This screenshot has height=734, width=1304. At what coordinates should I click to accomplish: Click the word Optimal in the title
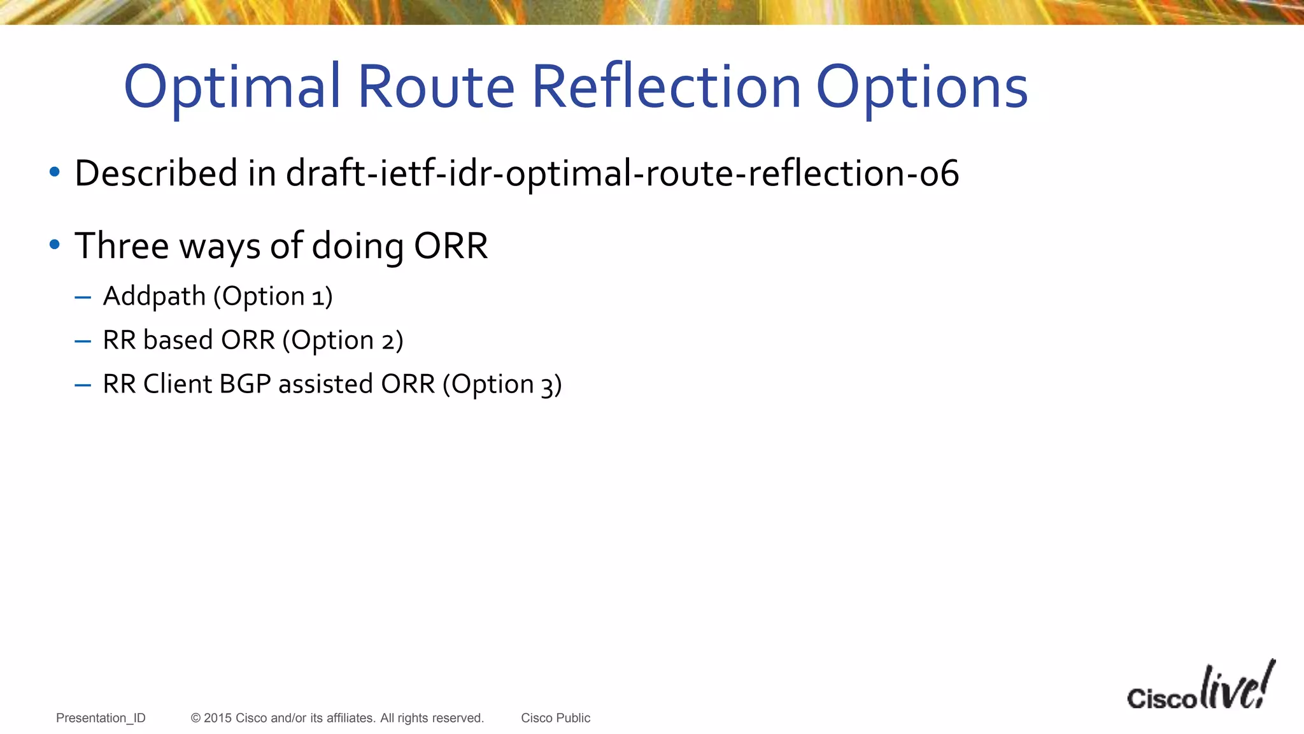pos(232,88)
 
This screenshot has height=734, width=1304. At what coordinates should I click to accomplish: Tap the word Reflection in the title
pos(665,87)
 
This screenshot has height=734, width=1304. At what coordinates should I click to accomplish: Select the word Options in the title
pos(921,88)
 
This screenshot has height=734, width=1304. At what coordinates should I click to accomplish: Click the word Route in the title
pos(436,87)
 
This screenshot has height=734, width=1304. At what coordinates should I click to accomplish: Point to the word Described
pos(156,173)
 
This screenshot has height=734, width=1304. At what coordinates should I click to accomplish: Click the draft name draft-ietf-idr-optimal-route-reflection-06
pos(622,173)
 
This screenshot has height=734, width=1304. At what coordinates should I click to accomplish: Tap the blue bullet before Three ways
pos(55,245)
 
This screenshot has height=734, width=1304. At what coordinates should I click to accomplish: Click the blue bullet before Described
pos(55,172)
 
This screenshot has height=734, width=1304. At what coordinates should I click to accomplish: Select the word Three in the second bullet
pos(122,246)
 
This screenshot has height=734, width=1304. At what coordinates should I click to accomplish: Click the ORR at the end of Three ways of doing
pos(451,246)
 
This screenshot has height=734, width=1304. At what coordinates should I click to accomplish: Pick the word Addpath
pos(154,296)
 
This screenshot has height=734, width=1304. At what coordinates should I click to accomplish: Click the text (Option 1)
pos(273,297)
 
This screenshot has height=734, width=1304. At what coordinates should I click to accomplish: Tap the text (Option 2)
pos(343,341)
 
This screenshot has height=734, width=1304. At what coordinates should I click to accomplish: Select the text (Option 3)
pos(502,385)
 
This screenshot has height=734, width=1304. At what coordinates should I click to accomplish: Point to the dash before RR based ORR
pos(83,342)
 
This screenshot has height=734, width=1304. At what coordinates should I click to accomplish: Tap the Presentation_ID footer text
pos(101,718)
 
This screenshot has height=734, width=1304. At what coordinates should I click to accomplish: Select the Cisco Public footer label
pos(555,718)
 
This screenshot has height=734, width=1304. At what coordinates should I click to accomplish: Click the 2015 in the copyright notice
pos(217,718)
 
